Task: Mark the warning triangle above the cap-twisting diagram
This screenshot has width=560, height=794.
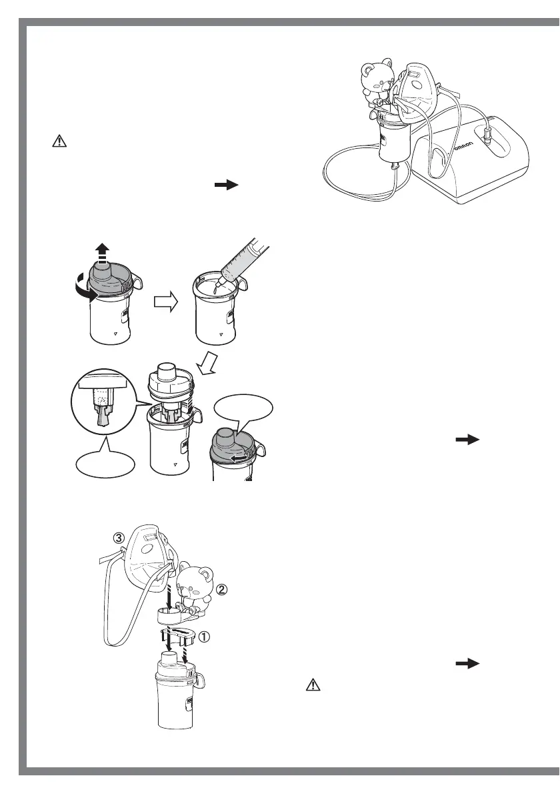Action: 58,142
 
